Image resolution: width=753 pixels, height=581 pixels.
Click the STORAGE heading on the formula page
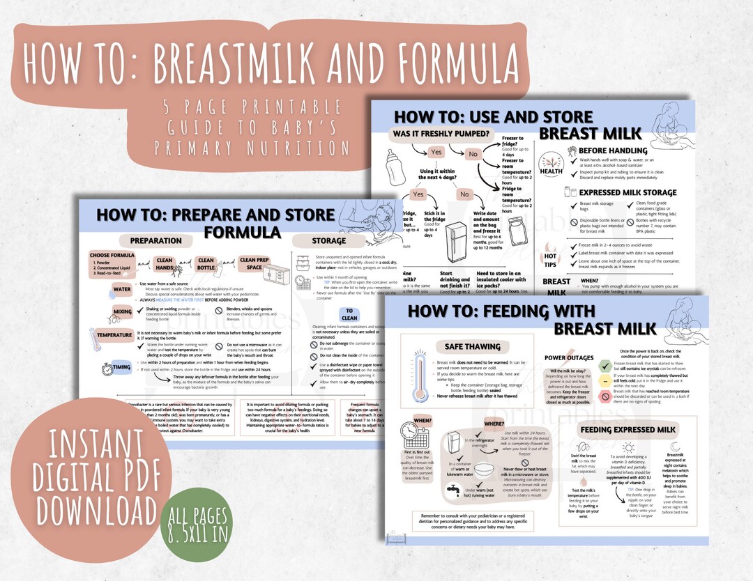point(328,240)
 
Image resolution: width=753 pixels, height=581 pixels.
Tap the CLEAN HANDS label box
point(165,265)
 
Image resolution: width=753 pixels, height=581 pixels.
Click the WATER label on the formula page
point(122,288)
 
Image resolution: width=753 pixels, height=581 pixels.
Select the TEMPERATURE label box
point(114,335)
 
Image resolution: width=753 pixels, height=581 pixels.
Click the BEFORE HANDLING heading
point(612,150)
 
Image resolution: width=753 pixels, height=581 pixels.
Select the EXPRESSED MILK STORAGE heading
point(627,192)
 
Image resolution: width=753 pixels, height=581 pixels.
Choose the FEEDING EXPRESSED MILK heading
point(628,430)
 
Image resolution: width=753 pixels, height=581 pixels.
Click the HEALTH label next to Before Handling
point(551,171)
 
